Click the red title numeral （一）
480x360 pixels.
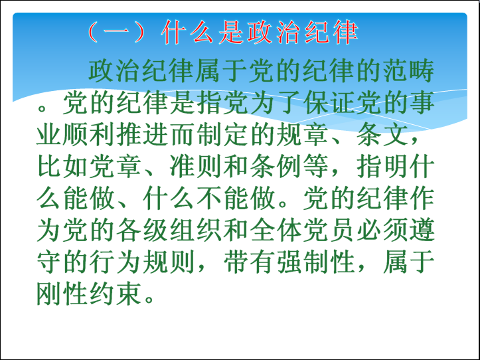click(x=116, y=32)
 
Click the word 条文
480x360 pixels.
click(x=382, y=135)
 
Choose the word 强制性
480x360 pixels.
click(x=315, y=263)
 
